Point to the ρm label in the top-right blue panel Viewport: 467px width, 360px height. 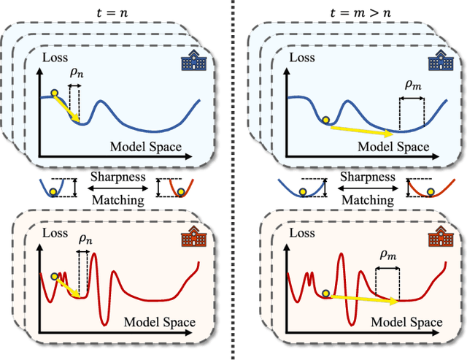(x=413, y=85)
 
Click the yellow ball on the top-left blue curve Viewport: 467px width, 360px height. (x=54, y=93)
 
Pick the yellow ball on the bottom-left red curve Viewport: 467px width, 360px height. (x=55, y=277)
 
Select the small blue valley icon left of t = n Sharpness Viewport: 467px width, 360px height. (x=58, y=187)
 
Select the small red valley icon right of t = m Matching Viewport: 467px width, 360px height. (x=419, y=188)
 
